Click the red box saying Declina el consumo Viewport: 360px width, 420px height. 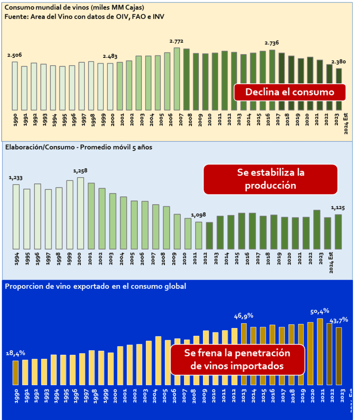point(289,92)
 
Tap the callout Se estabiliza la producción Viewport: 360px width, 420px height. point(270,179)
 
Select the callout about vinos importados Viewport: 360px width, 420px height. point(237,359)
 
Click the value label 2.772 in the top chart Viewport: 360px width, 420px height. point(176,41)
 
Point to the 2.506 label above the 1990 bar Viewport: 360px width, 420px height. point(14,55)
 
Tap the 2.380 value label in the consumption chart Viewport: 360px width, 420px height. point(338,62)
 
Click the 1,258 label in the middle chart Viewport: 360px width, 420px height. point(80,171)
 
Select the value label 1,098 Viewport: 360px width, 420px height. point(198,215)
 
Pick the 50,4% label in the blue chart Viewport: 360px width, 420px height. point(320,311)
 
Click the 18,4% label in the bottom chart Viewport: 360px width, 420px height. point(16,353)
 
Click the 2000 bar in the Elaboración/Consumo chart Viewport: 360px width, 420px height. point(80,213)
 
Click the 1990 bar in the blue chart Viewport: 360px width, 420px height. point(16,373)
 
